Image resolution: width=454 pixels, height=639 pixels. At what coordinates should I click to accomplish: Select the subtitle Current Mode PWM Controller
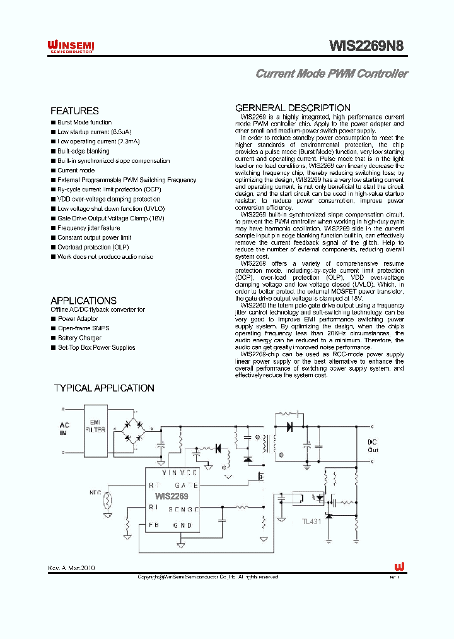331,73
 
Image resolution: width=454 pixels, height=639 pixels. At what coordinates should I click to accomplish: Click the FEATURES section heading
74,110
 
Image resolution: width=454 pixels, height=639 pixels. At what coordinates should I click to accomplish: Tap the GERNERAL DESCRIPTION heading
293,108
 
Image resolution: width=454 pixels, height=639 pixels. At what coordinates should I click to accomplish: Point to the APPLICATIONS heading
83,301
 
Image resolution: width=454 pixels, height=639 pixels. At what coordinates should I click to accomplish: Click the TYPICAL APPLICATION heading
104,388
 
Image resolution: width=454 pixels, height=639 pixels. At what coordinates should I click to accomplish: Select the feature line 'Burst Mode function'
84,122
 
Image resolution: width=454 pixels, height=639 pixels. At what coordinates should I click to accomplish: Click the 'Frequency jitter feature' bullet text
88,228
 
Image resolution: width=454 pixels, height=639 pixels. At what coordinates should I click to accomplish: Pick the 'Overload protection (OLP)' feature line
88,248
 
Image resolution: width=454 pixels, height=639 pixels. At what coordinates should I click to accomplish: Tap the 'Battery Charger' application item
80,338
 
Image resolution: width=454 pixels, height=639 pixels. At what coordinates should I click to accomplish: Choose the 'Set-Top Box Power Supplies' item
96,347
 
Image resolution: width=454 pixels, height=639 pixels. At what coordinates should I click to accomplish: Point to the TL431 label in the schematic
311,522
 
